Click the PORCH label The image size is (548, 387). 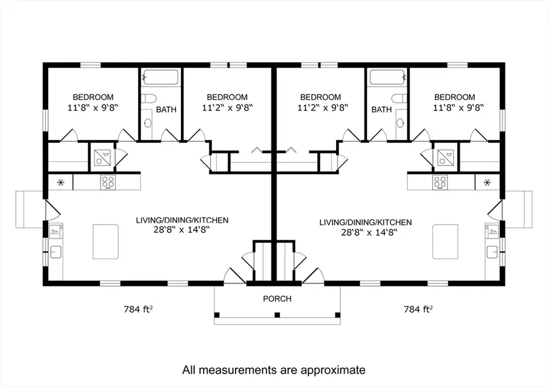276,299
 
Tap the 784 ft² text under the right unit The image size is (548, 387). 418,309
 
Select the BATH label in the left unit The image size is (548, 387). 166,110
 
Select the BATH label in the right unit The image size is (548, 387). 381,110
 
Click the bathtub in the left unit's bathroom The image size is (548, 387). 161,78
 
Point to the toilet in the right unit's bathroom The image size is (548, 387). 399,99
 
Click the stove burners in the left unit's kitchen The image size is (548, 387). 108,181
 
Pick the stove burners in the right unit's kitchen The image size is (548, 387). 440,181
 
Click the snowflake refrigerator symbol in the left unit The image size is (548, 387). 61,181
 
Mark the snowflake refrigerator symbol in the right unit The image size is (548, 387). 487,181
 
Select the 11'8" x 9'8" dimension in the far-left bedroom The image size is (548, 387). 93,108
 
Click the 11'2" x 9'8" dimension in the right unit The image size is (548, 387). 320,108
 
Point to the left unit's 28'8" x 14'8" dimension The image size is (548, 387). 182,231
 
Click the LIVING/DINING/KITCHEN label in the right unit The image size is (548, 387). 365,222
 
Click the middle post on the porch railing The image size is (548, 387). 276,315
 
